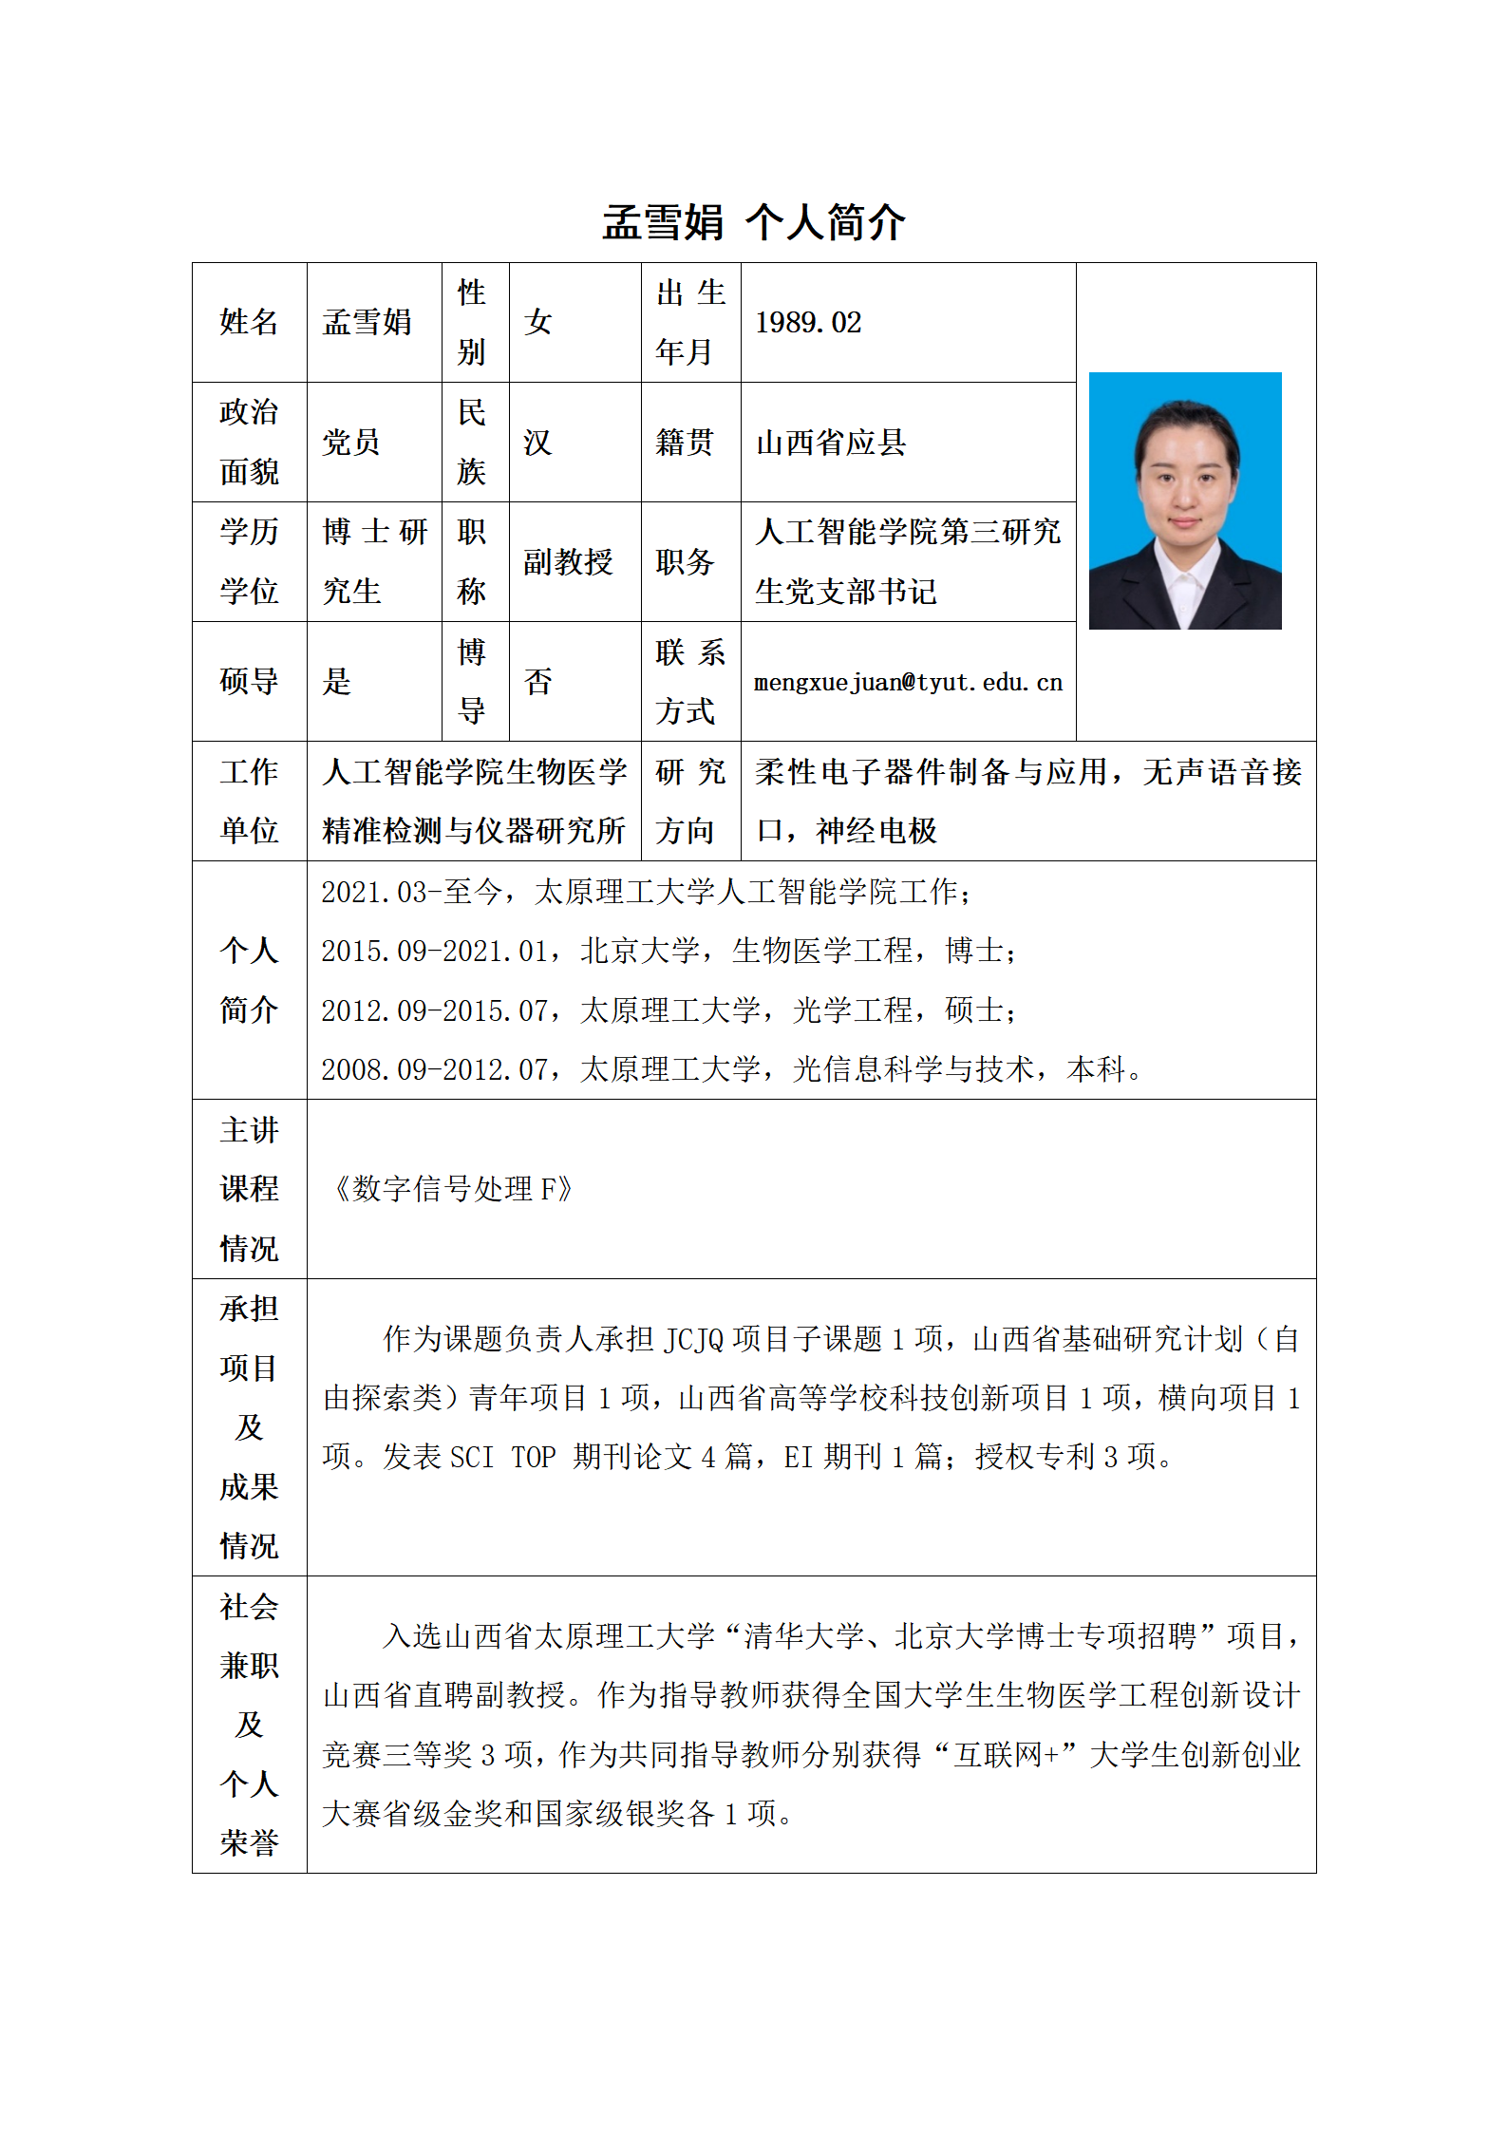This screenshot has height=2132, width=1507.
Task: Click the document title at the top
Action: (x=753, y=222)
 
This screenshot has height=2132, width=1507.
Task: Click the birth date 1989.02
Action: (x=808, y=323)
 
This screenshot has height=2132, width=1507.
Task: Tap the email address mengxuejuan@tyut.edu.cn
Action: (x=908, y=682)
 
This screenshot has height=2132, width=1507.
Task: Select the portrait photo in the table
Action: (x=1184, y=500)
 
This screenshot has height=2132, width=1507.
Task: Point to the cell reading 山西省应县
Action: (x=831, y=443)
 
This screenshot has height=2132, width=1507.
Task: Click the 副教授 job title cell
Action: (x=568, y=562)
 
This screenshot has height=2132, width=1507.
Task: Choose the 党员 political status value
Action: (x=351, y=443)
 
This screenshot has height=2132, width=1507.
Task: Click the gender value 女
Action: (x=538, y=323)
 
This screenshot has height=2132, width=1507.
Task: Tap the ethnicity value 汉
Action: (x=537, y=443)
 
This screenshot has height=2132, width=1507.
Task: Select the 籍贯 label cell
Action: (x=685, y=443)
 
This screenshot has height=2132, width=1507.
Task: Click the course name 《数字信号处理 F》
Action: (x=451, y=1189)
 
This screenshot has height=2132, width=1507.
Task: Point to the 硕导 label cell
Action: (x=249, y=682)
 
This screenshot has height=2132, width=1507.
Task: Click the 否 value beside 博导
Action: (x=537, y=682)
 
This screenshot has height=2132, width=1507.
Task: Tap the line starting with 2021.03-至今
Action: (x=646, y=892)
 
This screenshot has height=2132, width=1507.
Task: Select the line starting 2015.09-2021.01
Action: (x=669, y=951)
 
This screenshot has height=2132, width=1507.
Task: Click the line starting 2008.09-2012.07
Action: (x=731, y=1069)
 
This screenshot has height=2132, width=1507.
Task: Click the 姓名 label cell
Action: (x=249, y=323)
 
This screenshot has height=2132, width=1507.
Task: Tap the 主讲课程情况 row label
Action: (x=249, y=1189)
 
